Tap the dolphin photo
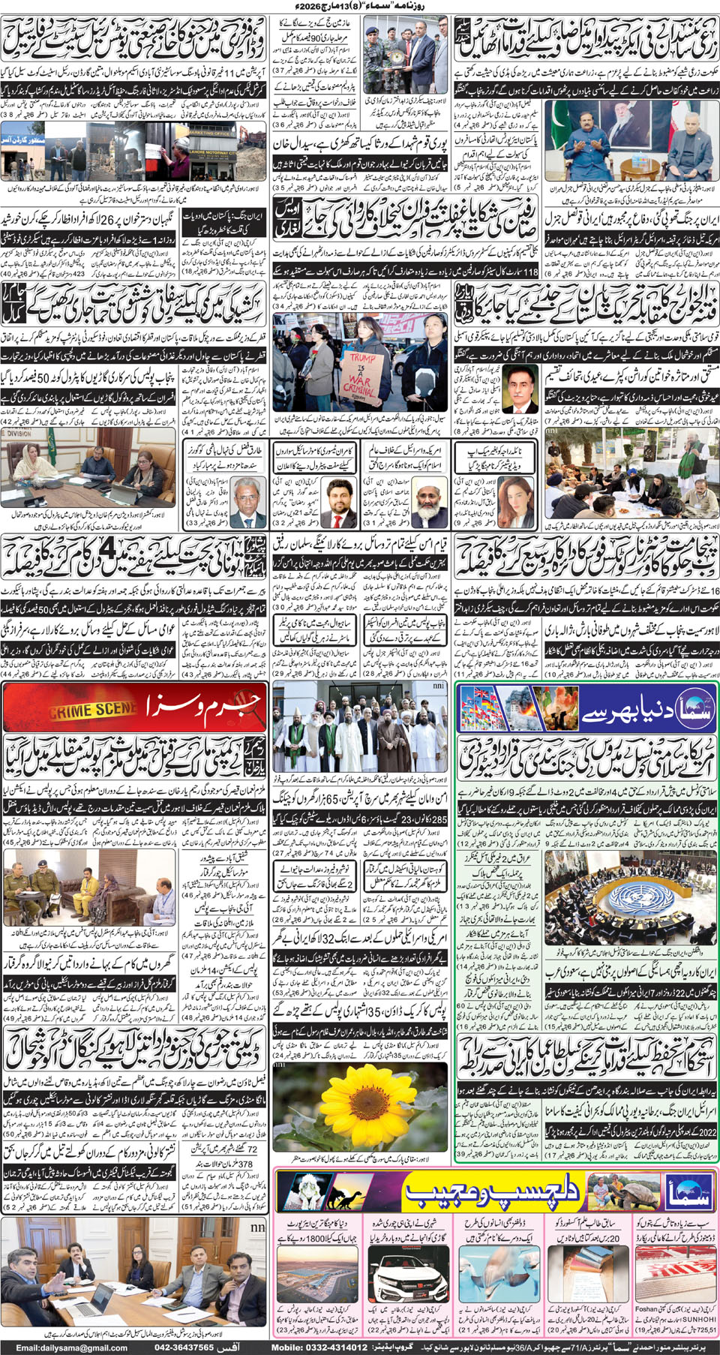tap(494, 1273)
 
